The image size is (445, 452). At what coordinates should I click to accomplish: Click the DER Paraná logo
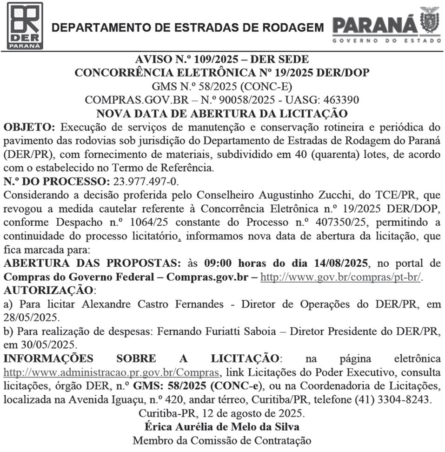click(x=25, y=26)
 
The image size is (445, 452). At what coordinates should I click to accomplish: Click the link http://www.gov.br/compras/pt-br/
click(x=340, y=277)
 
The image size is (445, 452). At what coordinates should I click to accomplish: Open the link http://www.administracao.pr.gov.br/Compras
click(x=111, y=372)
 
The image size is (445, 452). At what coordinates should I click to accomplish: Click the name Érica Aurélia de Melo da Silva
click(x=222, y=426)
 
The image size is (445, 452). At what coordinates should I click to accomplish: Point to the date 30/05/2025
click(x=45, y=346)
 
